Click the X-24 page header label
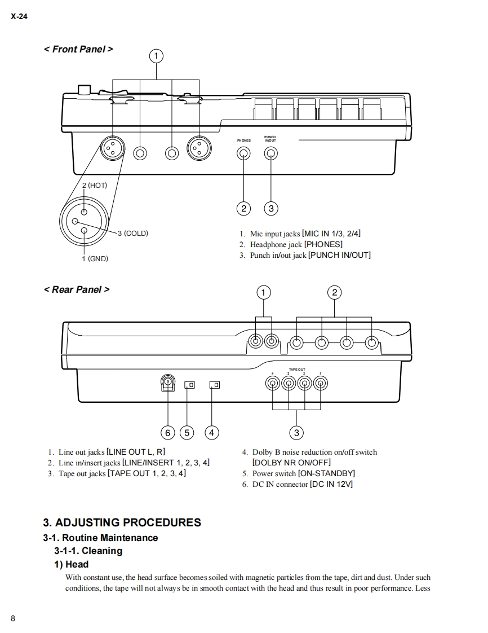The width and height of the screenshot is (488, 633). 19,16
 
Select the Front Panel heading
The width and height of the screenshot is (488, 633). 78,49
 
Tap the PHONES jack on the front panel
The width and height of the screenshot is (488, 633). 243,153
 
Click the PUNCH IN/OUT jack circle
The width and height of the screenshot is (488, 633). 271,153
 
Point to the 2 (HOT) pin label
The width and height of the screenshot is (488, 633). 94,185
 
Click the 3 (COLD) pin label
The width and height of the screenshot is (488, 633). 132,233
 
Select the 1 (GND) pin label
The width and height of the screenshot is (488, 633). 95,258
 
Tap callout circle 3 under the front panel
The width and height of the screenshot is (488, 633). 271,209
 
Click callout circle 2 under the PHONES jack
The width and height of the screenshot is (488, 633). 243,209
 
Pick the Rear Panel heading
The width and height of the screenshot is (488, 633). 76,289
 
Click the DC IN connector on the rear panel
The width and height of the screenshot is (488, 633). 168,384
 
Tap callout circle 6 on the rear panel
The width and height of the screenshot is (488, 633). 168,433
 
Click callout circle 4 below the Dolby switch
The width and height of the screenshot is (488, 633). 211,433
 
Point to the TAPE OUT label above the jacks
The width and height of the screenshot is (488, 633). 296,370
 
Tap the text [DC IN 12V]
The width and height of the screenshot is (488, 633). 331,484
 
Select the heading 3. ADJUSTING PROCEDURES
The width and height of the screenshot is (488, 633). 122,522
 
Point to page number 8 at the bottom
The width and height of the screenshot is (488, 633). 13,618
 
